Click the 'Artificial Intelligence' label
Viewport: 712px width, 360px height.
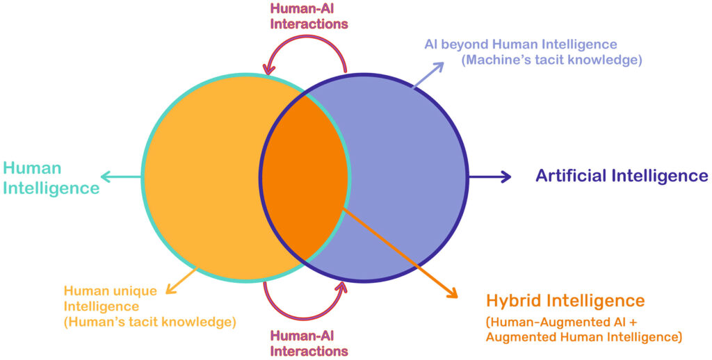tap(622, 176)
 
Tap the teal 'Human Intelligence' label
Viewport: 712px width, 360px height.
tap(51, 178)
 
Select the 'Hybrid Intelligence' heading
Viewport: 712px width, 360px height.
tap(565, 301)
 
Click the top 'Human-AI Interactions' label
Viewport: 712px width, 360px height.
tap(309, 16)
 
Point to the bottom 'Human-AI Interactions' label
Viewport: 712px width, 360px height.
tap(309, 343)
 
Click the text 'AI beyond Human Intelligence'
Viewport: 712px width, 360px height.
tap(521, 44)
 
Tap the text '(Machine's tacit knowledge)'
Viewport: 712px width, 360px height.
tap(551, 60)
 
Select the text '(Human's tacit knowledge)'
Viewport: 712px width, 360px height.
tap(150, 322)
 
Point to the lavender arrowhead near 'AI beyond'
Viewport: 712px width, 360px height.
tap(440, 66)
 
